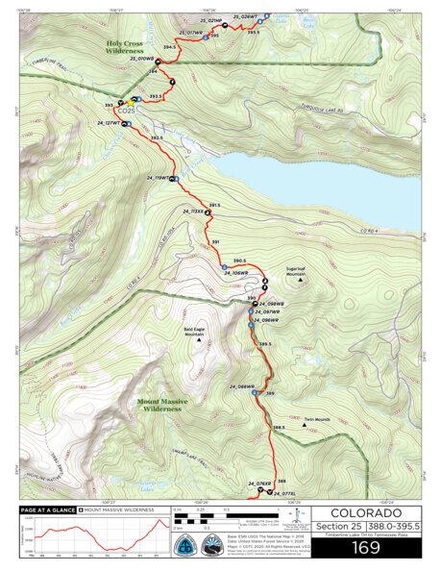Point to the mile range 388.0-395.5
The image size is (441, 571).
point(390,527)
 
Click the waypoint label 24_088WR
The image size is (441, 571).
point(241,386)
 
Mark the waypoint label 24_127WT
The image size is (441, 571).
point(110,124)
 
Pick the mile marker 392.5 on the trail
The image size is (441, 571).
point(157,138)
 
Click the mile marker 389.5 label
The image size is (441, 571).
point(265,344)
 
